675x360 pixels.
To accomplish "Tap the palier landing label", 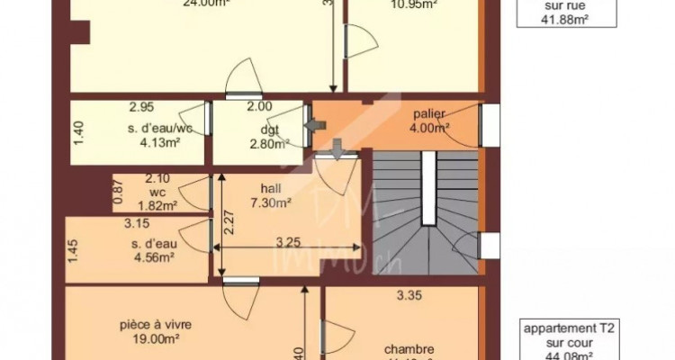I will pos(430,114).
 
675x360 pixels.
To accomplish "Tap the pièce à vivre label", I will pos(156,326).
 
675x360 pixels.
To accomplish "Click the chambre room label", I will pos(410,349).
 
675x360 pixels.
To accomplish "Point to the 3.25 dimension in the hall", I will pos(287,242).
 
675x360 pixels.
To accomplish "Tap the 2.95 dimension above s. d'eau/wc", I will pos(139,106).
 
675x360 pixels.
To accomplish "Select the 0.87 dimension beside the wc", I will pos(118,191).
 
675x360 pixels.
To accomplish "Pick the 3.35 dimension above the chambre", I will pos(410,292).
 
